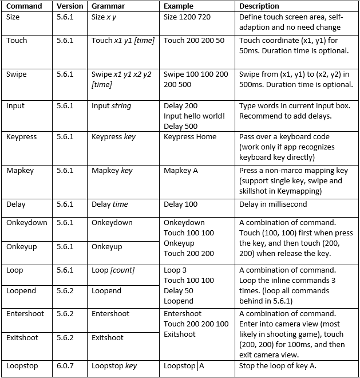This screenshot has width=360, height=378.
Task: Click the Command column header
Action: (x=24, y=6)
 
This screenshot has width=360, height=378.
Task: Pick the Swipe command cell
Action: (x=17, y=74)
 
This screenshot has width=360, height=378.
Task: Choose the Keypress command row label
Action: (x=22, y=137)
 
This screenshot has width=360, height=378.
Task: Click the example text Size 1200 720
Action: (x=187, y=17)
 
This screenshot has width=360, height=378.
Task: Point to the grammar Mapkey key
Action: (x=112, y=171)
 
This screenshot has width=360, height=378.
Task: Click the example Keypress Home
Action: (x=190, y=137)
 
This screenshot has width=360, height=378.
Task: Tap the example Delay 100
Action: (x=180, y=204)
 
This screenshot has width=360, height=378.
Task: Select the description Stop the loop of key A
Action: (x=281, y=366)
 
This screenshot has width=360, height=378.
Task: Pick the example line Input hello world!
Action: (x=194, y=116)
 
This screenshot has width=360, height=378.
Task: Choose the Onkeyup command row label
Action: (x=22, y=247)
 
